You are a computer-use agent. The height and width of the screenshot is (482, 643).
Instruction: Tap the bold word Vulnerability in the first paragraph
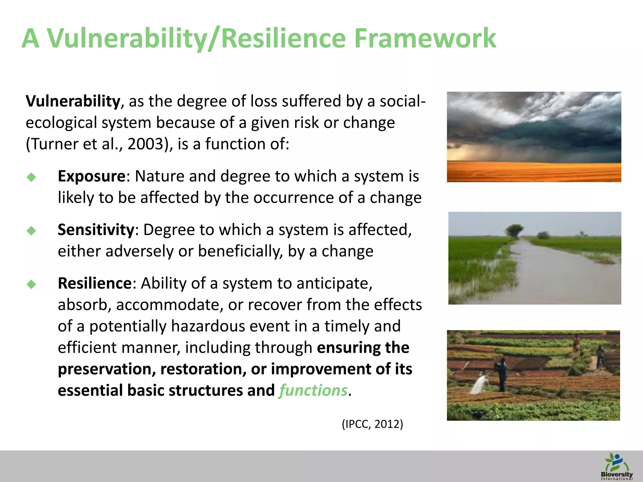(x=73, y=101)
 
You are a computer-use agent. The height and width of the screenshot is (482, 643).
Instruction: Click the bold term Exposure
(x=92, y=176)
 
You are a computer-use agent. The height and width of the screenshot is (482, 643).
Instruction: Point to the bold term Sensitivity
(x=96, y=230)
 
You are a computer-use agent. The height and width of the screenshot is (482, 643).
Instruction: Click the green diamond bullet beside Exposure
(x=31, y=177)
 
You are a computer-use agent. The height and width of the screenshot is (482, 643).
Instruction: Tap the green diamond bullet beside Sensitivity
(x=31, y=231)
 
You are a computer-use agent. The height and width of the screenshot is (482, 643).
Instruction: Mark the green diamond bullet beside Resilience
(x=31, y=284)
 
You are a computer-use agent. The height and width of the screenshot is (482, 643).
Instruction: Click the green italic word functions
(x=313, y=391)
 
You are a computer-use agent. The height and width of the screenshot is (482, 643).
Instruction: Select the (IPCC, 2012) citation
(x=372, y=424)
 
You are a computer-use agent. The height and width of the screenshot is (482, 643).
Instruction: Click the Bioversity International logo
(x=616, y=467)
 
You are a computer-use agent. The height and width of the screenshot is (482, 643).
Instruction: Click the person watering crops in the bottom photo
(x=501, y=373)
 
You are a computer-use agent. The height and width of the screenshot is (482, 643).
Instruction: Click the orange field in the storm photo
(x=534, y=173)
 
